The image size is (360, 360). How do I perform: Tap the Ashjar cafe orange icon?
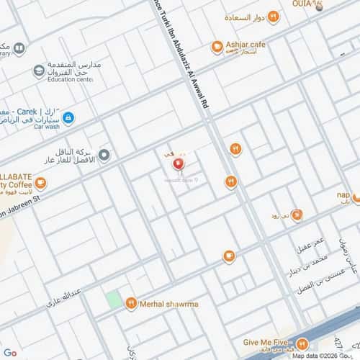pos(216,47)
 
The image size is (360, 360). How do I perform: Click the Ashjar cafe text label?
pos(246,45)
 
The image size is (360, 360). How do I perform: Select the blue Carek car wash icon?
pos(68,117)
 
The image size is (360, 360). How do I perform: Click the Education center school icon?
pos(38,71)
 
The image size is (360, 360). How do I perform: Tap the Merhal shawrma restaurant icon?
pos(131,303)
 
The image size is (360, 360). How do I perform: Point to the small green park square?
pos(113,300)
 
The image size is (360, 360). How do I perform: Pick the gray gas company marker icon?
pos(104,155)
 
